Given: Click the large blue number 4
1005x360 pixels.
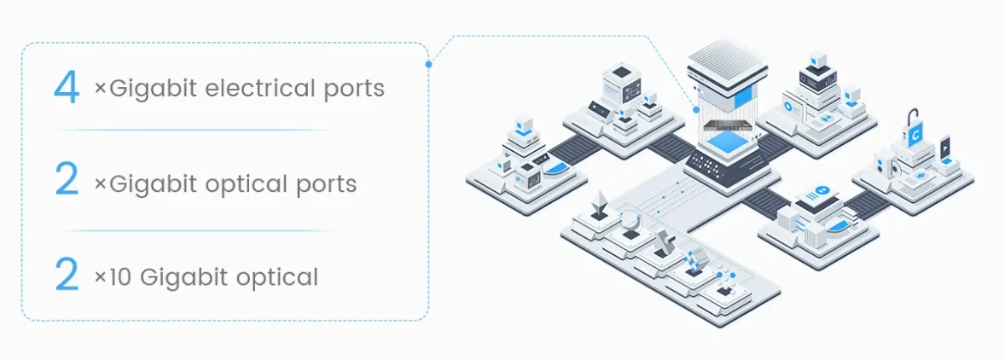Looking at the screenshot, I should tap(67, 87).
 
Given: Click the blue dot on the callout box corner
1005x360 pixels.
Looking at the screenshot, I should tap(428, 63).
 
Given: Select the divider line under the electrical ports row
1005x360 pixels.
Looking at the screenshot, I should tap(195, 131).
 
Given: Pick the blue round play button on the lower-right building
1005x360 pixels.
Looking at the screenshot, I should tap(822, 189).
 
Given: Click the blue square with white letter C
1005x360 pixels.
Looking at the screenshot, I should tap(915, 135).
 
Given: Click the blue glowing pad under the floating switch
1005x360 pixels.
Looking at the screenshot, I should tap(728, 141).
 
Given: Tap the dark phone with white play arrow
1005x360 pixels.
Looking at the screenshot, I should tap(944, 148).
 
